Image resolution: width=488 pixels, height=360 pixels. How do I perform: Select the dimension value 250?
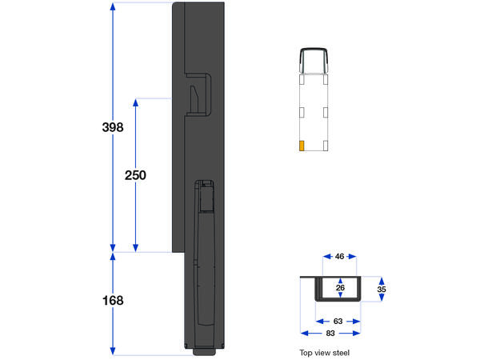[134, 175]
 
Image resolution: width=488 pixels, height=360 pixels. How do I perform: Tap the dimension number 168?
[113, 301]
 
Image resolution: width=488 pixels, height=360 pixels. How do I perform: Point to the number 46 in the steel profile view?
[339, 257]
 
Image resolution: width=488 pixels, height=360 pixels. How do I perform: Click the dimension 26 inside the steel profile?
[340, 287]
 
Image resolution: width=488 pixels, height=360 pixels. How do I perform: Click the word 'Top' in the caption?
[305, 352]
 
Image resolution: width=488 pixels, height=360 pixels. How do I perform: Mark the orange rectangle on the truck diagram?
[301, 146]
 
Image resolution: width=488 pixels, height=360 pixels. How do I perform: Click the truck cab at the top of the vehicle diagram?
[314, 61]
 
